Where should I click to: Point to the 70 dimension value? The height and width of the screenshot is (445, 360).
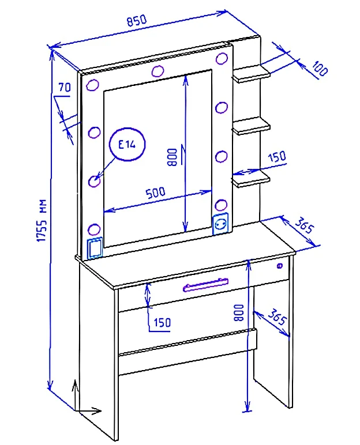(65, 88)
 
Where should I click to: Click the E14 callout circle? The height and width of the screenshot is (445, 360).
(126, 145)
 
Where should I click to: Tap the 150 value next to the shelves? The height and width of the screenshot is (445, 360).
(277, 157)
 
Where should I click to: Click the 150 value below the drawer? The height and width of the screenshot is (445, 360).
(162, 323)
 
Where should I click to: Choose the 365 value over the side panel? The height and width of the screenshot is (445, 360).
(279, 318)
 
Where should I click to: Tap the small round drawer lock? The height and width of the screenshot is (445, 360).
(280, 266)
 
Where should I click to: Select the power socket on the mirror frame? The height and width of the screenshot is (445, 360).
(220, 224)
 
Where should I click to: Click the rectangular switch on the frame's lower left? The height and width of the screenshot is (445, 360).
(95, 247)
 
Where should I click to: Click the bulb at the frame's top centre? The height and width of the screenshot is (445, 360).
(156, 71)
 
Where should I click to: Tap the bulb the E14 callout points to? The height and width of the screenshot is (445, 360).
(95, 180)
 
